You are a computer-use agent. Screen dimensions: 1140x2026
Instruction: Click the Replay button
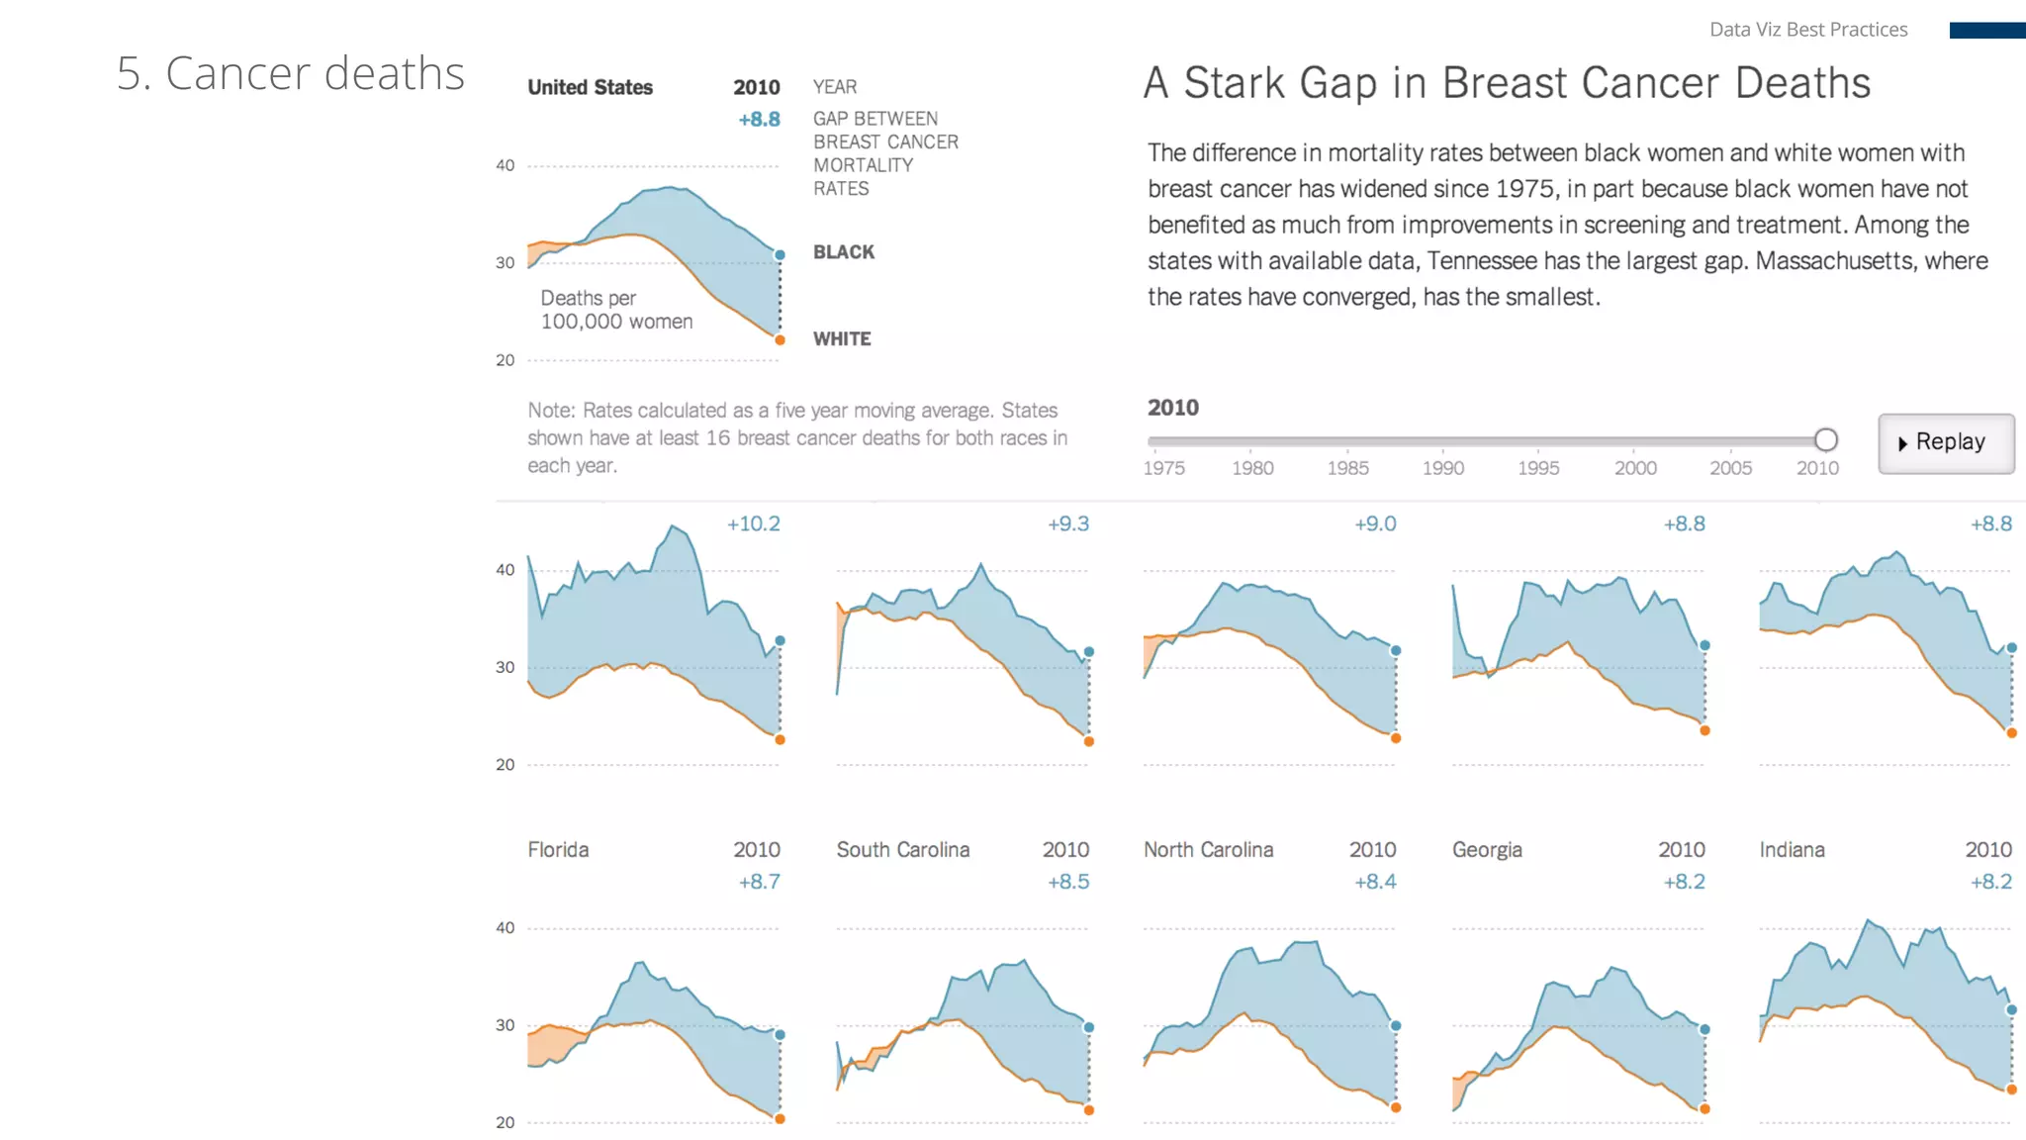1945,442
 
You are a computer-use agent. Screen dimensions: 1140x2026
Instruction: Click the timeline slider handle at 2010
1825,439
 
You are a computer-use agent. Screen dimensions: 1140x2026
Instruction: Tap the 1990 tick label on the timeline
1442,468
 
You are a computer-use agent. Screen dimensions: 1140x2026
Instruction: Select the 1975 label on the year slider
1163,468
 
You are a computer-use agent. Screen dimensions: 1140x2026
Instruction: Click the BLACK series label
843,252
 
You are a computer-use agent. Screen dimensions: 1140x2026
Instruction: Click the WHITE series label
841,339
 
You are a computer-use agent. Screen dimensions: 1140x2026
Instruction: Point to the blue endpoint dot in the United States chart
780,255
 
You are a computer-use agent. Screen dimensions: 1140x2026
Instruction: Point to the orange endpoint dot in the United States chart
780,340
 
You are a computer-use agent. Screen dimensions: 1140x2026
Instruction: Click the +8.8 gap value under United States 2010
759,120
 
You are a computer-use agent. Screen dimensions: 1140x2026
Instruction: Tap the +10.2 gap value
753,523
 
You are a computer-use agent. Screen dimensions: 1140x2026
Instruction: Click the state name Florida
558,850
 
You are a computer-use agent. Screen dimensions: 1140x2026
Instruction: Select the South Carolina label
902,850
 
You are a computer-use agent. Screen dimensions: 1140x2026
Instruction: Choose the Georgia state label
1487,850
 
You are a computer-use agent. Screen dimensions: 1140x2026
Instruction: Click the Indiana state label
1792,850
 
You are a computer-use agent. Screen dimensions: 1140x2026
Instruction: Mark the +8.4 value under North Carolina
1375,882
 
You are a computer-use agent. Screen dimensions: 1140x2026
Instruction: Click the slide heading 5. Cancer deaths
290,74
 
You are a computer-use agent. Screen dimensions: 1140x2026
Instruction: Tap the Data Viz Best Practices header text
1807,30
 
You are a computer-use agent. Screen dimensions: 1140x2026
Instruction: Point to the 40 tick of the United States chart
505,165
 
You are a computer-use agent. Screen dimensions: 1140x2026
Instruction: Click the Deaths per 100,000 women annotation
615,310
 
